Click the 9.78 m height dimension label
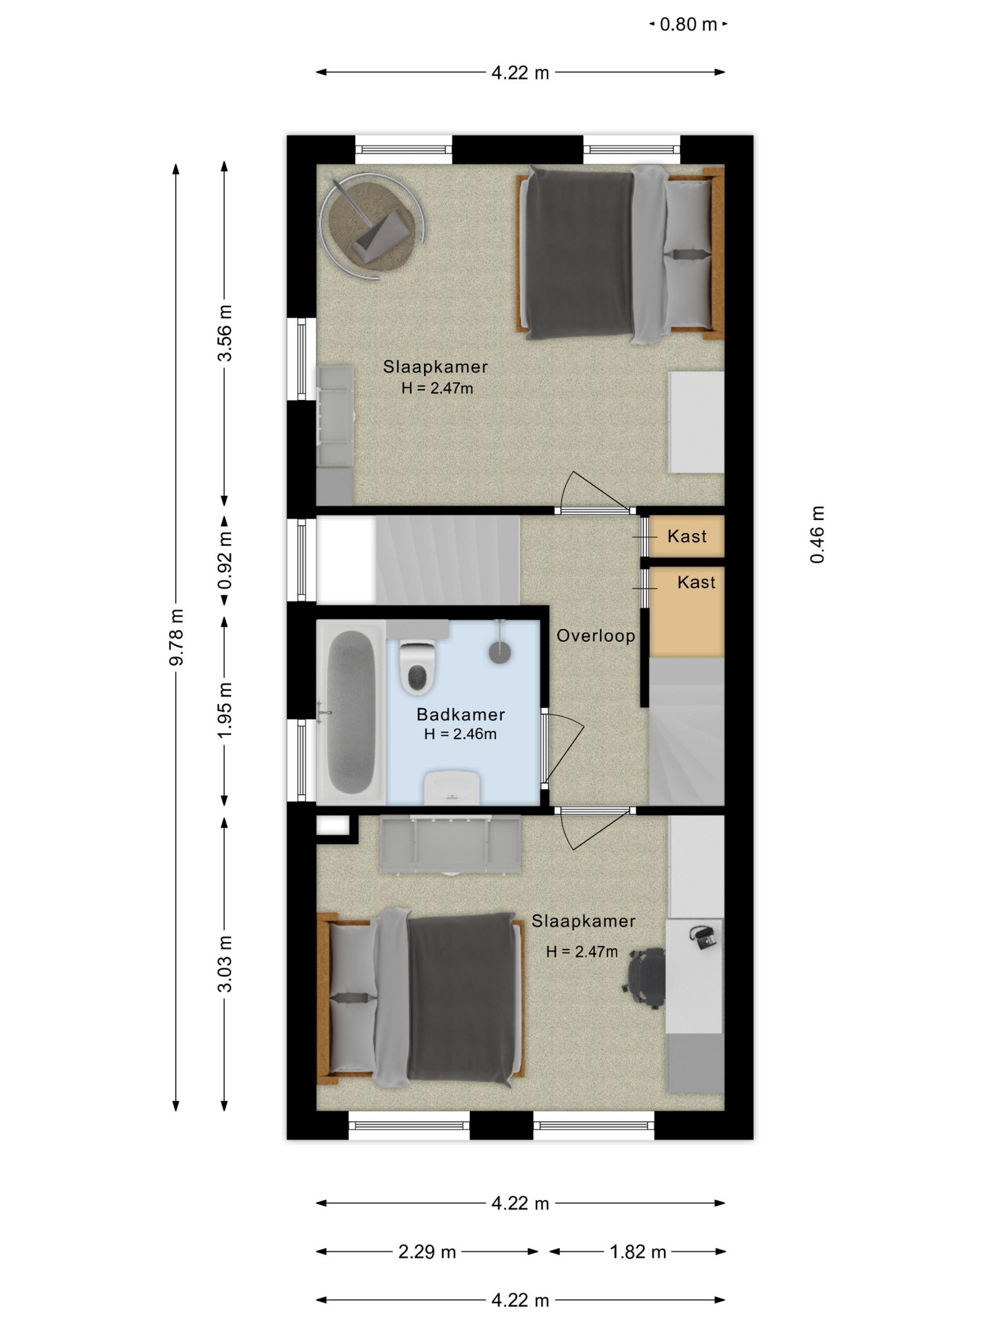pyautogui.click(x=177, y=637)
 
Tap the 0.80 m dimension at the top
pyautogui.click(x=688, y=25)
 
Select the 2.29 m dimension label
pyautogui.click(x=427, y=1252)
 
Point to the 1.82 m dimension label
pyautogui.click(x=638, y=1252)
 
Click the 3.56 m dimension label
pyautogui.click(x=225, y=333)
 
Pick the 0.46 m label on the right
pyautogui.click(x=817, y=535)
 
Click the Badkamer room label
pyautogui.click(x=461, y=714)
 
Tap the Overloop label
pyautogui.click(x=596, y=636)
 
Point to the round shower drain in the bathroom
pyautogui.click(x=501, y=652)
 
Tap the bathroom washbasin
pyautogui.click(x=452, y=788)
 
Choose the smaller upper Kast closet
pyautogui.click(x=686, y=536)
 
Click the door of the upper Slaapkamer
pyautogui.click(x=594, y=492)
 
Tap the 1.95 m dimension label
pyautogui.click(x=225, y=710)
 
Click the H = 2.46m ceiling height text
pyautogui.click(x=461, y=734)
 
